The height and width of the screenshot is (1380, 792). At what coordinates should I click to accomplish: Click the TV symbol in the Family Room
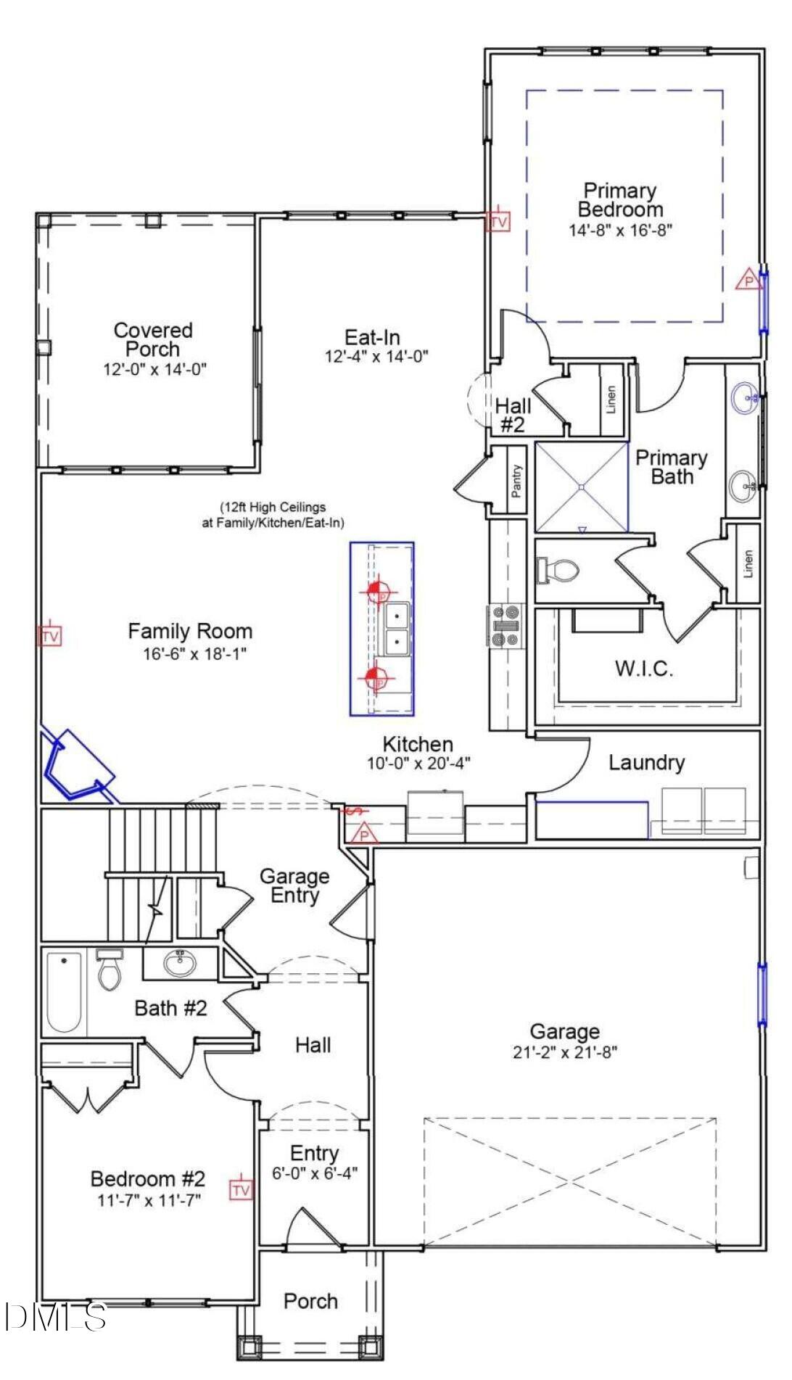pos(50,637)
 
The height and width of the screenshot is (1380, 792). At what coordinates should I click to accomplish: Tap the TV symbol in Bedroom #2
pos(242,1190)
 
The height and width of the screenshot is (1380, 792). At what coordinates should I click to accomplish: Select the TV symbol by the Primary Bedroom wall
pos(498,221)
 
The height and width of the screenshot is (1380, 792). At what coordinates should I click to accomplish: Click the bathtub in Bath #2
pos(64,991)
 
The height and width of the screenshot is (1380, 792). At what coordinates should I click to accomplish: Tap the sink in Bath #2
pos(179,964)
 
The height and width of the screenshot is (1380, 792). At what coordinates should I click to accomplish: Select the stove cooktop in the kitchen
pos(506,626)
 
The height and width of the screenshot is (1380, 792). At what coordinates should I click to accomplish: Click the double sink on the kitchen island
pos(397,629)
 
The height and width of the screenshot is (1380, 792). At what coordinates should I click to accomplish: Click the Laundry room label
pos(646,762)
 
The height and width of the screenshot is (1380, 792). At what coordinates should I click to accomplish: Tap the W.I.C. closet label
pos(644,669)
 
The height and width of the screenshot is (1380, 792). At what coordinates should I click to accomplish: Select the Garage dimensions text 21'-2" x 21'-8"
pos(564,1052)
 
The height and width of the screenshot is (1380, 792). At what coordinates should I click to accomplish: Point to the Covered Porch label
pos(153,339)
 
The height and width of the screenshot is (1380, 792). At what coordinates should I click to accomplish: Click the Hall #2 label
pos(513,415)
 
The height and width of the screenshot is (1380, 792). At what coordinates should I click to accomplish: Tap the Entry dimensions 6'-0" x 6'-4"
pos(315,1173)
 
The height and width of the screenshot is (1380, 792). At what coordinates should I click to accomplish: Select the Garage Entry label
pos(294,885)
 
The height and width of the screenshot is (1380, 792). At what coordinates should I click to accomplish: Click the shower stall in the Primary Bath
pos(582,487)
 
